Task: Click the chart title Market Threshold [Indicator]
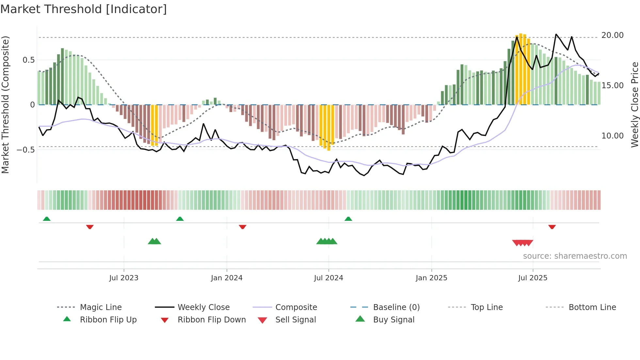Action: click(x=84, y=9)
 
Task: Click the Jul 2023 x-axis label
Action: click(x=124, y=278)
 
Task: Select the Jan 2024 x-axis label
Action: click(x=227, y=278)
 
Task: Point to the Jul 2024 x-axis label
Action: click(x=328, y=278)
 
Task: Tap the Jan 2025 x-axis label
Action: click(x=431, y=278)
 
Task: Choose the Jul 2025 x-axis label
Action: click(x=533, y=278)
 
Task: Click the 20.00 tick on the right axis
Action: click(x=612, y=35)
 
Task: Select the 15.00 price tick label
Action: click(x=612, y=86)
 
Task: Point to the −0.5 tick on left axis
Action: click(x=26, y=150)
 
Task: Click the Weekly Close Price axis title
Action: click(x=634, y=105)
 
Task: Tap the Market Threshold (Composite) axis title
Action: click(x=5, y=105)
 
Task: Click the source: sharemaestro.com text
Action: click(x=575, y=256)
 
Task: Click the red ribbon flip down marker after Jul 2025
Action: click(x=552, y=227)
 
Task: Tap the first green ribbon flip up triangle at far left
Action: click(x=47, y=219)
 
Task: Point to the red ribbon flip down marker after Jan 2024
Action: click(x=242, y=227)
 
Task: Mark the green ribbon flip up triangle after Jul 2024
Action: click(x=348, y=219)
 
